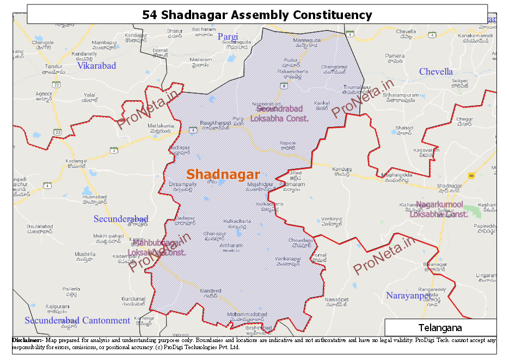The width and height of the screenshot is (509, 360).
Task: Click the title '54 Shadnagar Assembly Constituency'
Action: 257,15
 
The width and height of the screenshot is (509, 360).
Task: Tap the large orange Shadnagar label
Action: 223,175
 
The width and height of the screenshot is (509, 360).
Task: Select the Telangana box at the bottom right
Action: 440,328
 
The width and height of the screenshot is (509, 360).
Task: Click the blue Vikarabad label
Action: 96,66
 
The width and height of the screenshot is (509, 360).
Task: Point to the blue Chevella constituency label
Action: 436,72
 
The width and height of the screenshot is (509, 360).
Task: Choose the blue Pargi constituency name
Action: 228,36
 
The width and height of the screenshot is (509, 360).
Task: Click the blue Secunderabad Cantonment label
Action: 77,320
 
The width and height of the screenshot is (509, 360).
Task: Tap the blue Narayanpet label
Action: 408,296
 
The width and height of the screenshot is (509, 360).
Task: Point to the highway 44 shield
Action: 471,175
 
